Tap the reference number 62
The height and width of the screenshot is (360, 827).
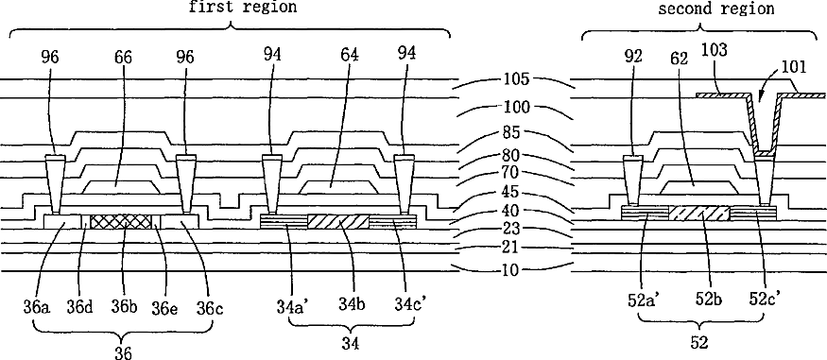point(681,57)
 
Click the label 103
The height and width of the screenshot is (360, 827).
point(715,51)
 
